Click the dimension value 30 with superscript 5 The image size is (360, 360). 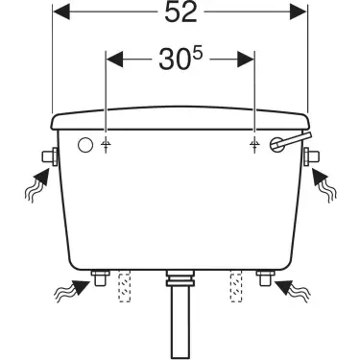179,60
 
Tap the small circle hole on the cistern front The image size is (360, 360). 84,145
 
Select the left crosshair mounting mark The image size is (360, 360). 106,145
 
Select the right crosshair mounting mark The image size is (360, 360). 253,145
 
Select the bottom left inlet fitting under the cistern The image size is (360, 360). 98,278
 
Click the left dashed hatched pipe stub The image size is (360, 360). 122,286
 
